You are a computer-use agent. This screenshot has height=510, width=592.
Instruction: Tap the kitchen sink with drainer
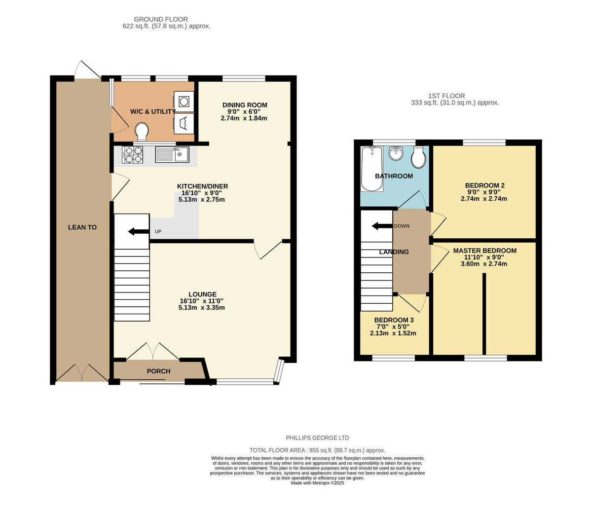[172, 154]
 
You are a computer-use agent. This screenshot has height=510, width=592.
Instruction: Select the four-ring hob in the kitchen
[132, 154]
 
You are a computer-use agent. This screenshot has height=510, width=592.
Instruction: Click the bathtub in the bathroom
[371, 169]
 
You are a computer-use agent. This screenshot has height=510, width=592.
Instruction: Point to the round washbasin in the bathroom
[397, 154]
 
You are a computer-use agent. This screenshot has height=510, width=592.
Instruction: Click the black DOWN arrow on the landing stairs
[382, 226]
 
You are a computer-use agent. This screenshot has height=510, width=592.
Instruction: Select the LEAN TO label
[82, 227]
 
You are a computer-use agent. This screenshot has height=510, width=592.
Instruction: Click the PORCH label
[158, 371]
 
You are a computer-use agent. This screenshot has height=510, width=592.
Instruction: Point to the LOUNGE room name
[202, 294]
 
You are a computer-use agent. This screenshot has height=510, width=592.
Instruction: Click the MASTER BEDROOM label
[484, 251]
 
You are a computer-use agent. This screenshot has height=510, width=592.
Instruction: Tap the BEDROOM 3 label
[394, 320]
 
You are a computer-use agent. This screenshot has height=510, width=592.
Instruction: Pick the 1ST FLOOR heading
[447, 96]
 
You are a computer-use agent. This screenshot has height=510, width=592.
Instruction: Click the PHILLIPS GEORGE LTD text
[317, 438]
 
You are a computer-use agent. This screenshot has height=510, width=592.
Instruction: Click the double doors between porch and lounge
[153, 351]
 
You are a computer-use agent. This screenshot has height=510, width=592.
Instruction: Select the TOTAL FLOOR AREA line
[317, 450]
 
